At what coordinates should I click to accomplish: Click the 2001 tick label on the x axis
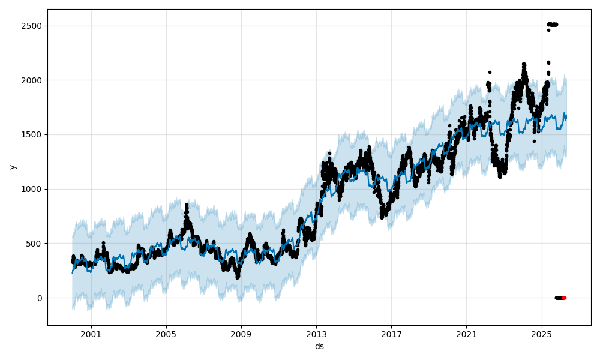[91, 334]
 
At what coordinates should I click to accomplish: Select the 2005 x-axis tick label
[166, 334]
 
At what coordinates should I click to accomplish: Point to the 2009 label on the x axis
[241, 334]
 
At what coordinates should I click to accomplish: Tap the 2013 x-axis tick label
[316, 334]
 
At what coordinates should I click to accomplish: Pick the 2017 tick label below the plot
[391, 334]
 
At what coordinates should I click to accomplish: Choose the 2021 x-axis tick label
[466, 334]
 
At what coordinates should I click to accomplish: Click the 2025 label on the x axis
[541, 334]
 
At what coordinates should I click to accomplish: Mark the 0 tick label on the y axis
[40, 298]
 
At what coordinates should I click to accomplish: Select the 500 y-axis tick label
[35, 244]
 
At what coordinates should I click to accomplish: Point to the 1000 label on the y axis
[33, 189]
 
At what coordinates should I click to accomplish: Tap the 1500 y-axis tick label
[33, 134]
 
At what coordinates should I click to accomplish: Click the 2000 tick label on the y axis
[33, 80]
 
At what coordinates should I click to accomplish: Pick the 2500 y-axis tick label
[33, 26]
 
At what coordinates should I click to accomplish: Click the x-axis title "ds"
[319, 346]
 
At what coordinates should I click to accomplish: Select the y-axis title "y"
[13, 167]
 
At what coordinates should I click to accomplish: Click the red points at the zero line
[563, 298]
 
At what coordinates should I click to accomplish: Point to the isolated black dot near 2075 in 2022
[490, 72]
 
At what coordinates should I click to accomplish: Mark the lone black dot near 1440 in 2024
[534, 141]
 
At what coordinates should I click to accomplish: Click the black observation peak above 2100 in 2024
[524, 64]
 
